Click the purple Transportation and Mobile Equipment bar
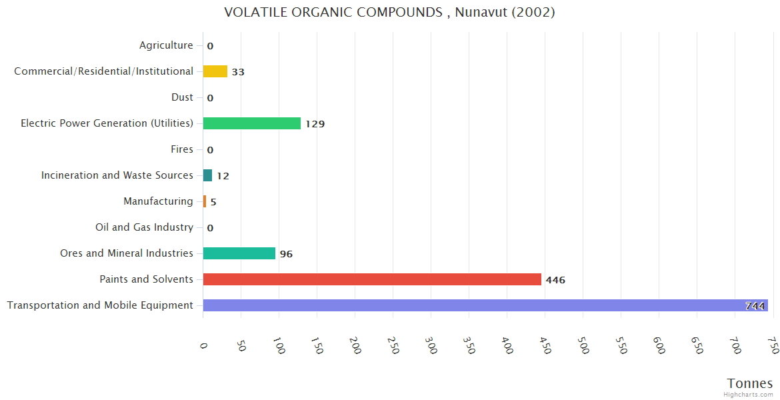click(x=485, y=305)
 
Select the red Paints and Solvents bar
click(x=372, y=279)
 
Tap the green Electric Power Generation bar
click(x=252, y=123)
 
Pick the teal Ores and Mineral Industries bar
click(x=239, y=253)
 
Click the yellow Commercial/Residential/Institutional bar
click(x=215, y=71)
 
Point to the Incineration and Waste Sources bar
click(x=207, y=175)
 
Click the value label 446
click(x=555, y=280)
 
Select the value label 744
click(x=755, y=306)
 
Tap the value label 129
click(x=315, y=124)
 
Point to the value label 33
click(x=238, y=72)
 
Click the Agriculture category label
click(x=166, y=45)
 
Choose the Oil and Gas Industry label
click(x=144, y=227)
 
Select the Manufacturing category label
click(x=158, y=201)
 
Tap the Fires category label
click(x=182, y=149)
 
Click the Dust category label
click(x=182, y=97)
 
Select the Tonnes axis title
click(x=750, y=383)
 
